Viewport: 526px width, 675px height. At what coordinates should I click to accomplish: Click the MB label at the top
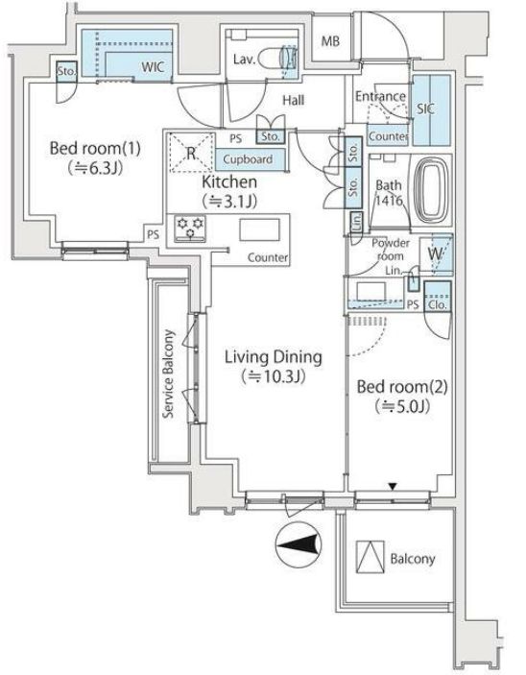(330, 41)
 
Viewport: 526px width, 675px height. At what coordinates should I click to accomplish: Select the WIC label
(153, 67)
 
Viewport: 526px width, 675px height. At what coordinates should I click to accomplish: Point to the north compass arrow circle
(299, 544)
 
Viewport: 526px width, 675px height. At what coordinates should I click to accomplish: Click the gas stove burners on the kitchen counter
(190, 229)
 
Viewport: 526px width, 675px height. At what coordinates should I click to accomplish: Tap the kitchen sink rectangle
(259, 229)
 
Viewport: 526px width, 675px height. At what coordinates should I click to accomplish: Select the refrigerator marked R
(192, 153)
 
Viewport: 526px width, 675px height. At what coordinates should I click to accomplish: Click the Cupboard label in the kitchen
(248, 159)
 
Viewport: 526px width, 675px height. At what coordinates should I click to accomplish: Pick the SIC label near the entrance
(425, 108)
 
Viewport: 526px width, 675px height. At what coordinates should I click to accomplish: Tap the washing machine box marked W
(436, 254)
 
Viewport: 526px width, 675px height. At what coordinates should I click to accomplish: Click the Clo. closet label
(438, 304)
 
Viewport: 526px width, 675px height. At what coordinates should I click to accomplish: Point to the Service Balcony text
(168, 374)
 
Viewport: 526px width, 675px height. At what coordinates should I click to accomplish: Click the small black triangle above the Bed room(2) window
(393, 487)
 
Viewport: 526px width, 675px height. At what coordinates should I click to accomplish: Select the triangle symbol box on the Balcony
(371, 557)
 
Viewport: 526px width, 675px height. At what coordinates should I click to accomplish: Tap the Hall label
(293, 100)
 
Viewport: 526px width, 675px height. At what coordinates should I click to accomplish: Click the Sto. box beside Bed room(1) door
(67, 71)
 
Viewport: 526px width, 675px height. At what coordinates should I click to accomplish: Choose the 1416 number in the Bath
(389, 200)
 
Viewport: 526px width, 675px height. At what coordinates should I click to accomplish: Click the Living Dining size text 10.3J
(274, 377)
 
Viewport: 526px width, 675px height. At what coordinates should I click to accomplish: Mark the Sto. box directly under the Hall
(271, 136)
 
